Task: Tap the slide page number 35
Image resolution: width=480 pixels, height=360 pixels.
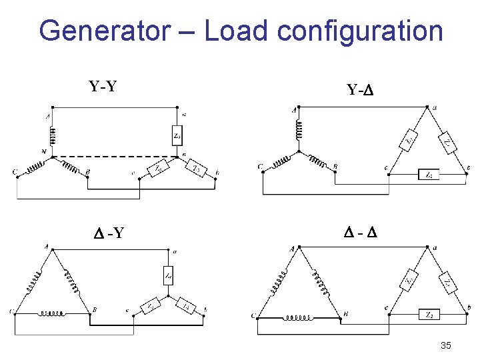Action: (446, 345)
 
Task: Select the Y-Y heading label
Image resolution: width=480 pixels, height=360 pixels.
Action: (103, 86)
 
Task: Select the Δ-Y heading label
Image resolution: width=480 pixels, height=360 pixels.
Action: (109, 233)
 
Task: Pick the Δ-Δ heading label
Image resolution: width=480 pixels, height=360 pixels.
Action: (361, 233)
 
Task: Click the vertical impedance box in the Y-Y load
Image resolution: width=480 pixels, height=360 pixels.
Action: (177, 137)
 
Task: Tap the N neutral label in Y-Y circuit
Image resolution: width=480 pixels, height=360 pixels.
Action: (44, 152)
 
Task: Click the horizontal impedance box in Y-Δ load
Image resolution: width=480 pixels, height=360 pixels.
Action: (428, 175)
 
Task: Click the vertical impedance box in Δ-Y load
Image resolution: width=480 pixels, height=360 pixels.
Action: (169, 274)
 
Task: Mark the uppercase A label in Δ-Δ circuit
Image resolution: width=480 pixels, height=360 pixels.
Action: (292, 249)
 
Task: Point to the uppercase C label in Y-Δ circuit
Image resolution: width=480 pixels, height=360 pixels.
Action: (259, 167)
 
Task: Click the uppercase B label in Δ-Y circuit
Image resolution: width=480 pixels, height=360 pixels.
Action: (95, 309)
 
